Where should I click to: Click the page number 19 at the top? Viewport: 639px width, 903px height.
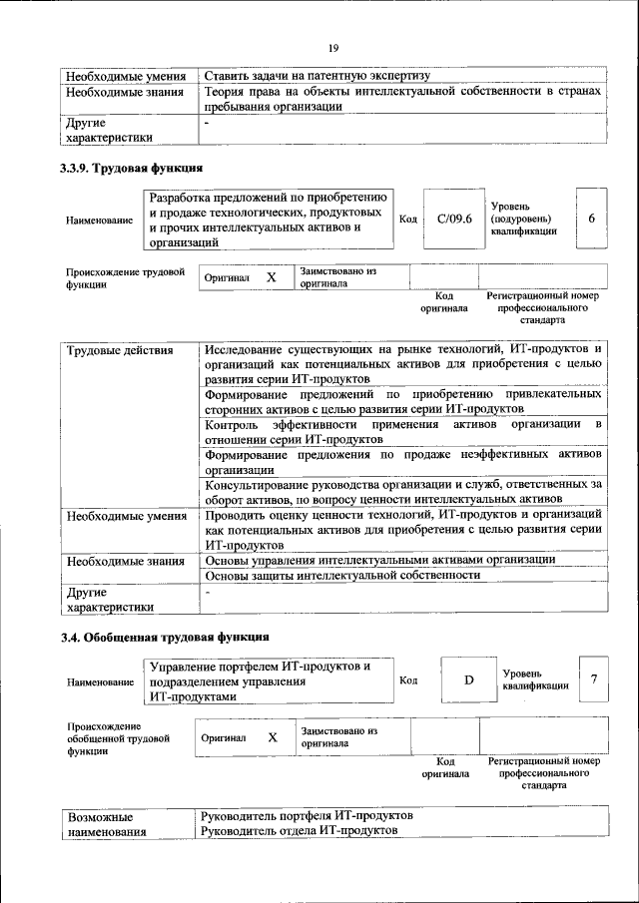333,47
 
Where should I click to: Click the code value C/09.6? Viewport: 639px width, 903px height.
446,219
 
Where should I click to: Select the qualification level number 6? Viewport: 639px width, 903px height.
591,219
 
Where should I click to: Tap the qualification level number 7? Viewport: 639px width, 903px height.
593,679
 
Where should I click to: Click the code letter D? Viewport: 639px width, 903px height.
468,680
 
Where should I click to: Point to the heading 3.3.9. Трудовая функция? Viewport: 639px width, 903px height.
131,168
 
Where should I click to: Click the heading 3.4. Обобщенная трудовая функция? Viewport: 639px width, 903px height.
164,638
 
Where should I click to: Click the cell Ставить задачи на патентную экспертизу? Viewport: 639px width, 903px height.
316,76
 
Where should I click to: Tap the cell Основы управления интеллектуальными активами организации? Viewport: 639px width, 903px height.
379,559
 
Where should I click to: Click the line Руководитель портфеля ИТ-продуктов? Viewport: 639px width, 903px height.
307,815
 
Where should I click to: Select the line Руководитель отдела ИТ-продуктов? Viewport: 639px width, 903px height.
299,830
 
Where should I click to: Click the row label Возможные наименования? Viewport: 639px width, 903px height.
106,823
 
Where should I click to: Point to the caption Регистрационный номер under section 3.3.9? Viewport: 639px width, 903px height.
542,296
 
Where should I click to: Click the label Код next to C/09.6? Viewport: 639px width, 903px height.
407,219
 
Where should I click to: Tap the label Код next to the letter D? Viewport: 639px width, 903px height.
407,680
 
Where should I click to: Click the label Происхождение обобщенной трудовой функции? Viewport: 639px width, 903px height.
111,739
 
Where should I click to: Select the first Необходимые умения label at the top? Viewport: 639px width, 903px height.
126,76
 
